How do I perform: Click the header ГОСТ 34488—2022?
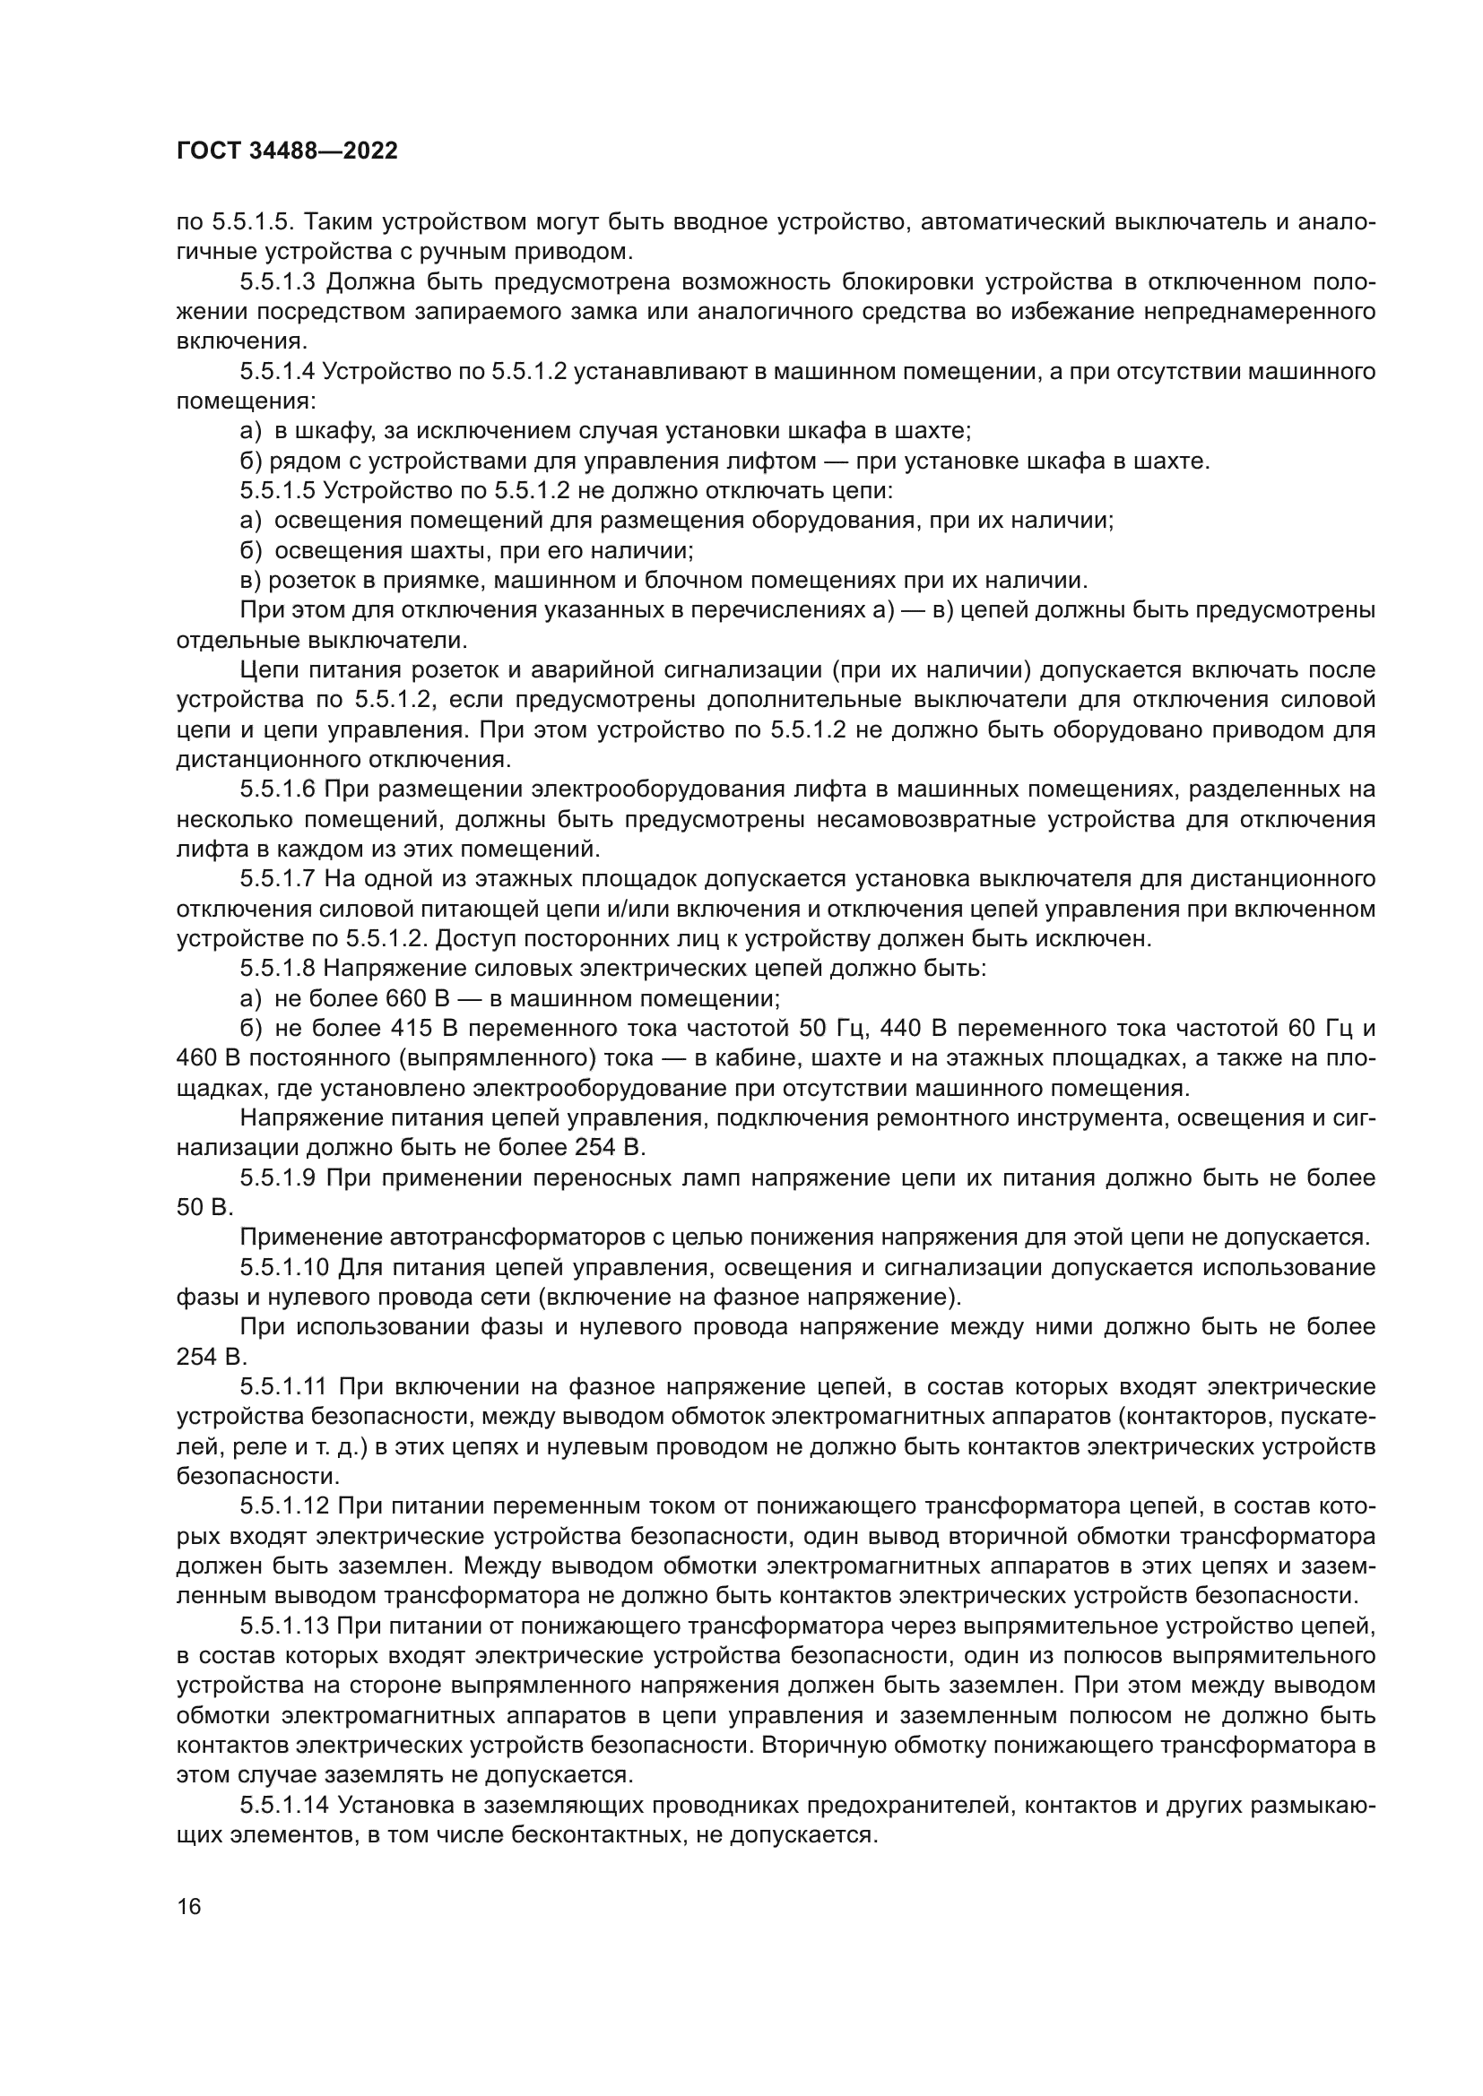[x=287, y=151]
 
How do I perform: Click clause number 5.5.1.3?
[x=278, y=282]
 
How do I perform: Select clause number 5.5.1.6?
[x=278, y=789]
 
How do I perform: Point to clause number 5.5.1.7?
[x=278, y=879]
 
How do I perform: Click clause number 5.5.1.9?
[x=278, y=1177]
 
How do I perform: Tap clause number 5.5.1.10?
[x=283, y=1267]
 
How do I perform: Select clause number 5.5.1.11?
[x=283, y=1386]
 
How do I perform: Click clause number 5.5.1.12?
[x=283, y=1506]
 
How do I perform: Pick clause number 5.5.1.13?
[x=283, y=1626]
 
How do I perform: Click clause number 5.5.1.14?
[x=283, y=1805]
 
